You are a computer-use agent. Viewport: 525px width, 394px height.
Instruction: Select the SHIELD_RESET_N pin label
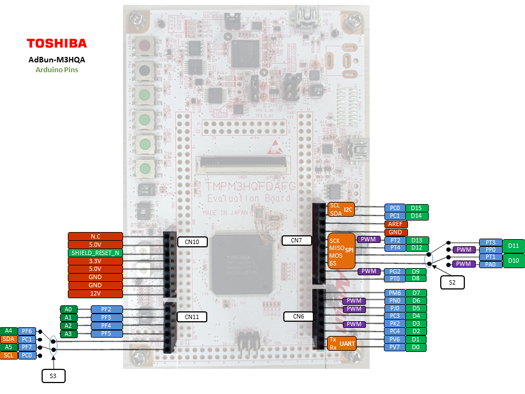pyautogui.click(x=95, y=253)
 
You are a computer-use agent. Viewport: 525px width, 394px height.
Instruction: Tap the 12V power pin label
pyautogui.click(x=95, y=294)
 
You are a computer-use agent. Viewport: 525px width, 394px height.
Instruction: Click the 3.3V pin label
pyautogui.click(x=95, y=261)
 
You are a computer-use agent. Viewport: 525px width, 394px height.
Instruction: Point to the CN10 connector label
pyautogui.click(x=192, y=241)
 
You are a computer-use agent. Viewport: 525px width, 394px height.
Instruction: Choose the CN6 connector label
pyautogui.click(x=298, y=316)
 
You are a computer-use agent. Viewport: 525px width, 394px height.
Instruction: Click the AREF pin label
pyautogui.click(x=395, y=224)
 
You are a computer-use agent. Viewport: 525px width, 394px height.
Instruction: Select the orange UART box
pyautogui.click(x=341, y=343)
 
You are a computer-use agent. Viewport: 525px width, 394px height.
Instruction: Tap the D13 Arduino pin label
pyautogui.click(x=417, y=240)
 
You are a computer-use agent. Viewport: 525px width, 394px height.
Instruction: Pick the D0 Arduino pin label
pyautogui.click(x=416, y=347)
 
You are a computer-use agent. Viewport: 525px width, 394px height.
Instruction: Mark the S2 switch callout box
pyautogui.click(x=452, y=282)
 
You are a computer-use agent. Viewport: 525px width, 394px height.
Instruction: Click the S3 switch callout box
pyautogui.click(x=54, y=375)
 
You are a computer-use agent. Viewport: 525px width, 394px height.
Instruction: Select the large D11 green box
pyautogui.click(x=513, y=246)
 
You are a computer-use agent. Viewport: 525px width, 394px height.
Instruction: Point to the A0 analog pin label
pyautogui.click(x=68, y=309)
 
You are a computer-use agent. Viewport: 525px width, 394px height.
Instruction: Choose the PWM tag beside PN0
pyautogui.click(x=354, y=301)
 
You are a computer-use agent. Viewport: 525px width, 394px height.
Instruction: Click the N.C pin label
pyautogui.click(x=95, y=236)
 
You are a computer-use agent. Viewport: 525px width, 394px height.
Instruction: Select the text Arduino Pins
pyautogui.click(x=57, y=70)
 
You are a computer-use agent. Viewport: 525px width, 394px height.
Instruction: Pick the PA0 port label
pyautogui.click(x=490, y=264)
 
